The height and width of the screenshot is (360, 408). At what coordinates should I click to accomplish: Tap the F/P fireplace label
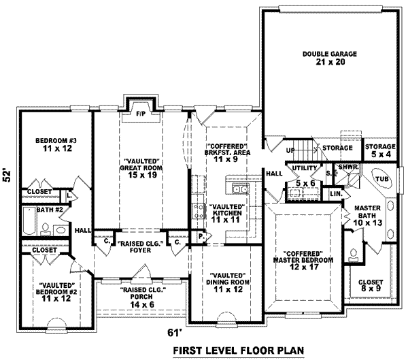click(x=141, y=113)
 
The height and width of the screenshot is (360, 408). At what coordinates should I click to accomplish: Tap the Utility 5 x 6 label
click(x=304, y=176)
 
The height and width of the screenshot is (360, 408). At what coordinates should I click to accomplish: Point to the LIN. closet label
click(x=335, y=194)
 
